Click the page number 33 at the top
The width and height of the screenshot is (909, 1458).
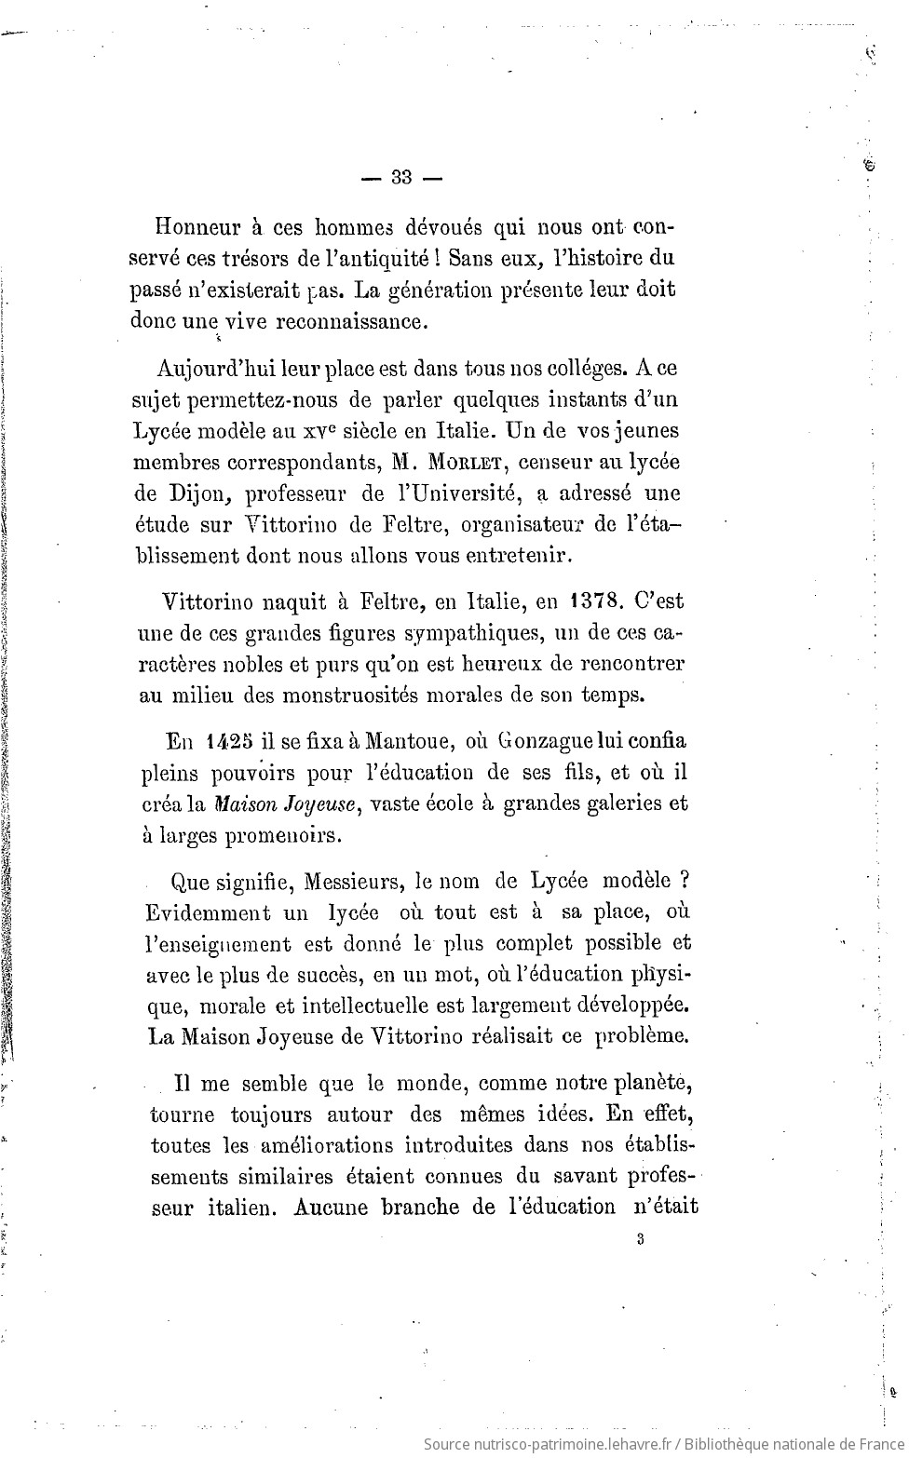[x=401, y=177]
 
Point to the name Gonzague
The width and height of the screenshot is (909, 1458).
[x=549, y=742]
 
